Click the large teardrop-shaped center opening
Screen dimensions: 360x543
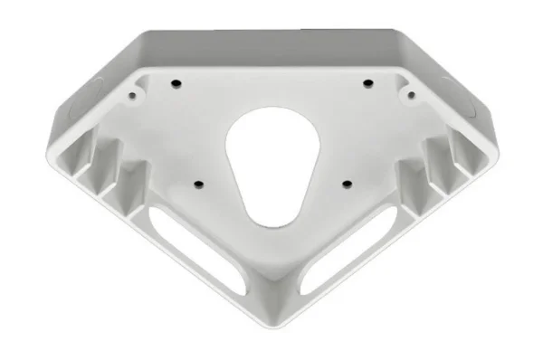coord(270,166)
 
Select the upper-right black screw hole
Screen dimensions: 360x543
coord(368,83)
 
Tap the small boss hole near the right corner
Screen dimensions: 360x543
coord(409,92)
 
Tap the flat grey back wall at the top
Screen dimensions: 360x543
coord(271,50)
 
